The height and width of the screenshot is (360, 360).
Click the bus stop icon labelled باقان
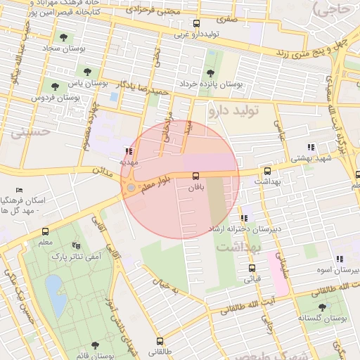[x=195, y=176]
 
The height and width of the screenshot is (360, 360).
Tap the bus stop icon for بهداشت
[x=267, y=171]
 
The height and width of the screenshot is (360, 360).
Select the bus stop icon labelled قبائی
[x=252, y=268]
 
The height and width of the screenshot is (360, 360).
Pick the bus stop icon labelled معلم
[x=46, y=231]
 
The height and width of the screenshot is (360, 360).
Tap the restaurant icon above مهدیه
[x=127, y=150]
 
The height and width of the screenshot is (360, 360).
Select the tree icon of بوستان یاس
[x=88, y=70]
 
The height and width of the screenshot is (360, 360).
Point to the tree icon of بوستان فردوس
[x=55, y=86]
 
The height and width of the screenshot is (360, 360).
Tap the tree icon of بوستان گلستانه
[x=322, y=307]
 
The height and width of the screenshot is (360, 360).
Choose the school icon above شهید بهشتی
[x=311, y=148]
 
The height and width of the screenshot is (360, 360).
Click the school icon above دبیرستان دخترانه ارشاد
[x=244, y=218]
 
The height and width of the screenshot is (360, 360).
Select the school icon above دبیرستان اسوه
[x=340, y=259]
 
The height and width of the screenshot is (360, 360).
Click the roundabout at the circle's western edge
[x=131, y=188]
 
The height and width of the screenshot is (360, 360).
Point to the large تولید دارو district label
[x=233, y=110]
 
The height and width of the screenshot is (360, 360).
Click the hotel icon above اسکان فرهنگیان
[x=19, y=190]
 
